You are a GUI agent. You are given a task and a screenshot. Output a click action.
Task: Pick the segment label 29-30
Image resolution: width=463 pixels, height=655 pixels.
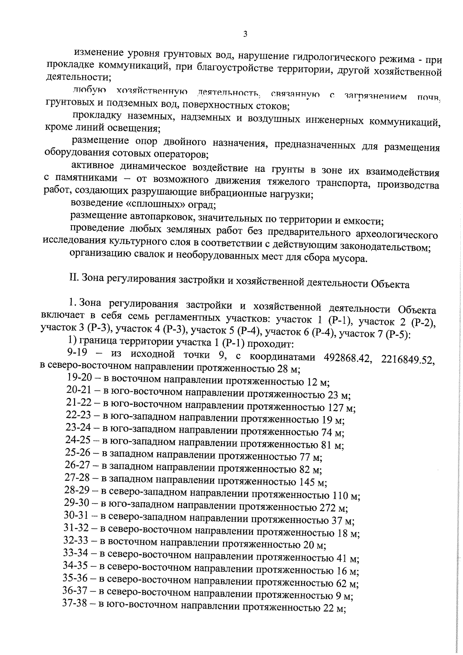[77, 503]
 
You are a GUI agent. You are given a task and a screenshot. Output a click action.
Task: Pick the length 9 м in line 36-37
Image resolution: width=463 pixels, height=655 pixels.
[344, 596]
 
